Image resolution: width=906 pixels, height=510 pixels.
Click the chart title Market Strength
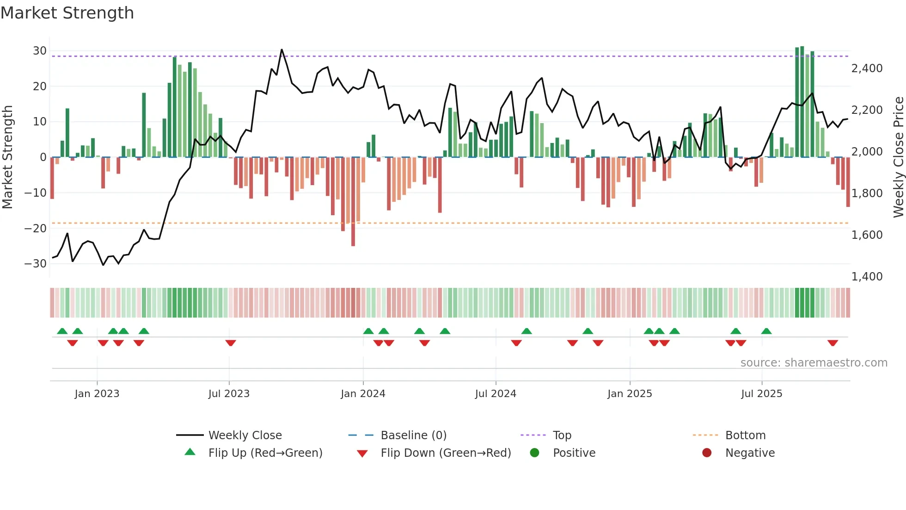pyautogui.click(x=67, y=13)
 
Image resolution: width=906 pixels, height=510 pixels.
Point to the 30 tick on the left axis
pyautogui.click(x=40, y=51)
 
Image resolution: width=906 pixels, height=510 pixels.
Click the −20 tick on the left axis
pyautogui.click(x=36, y=228)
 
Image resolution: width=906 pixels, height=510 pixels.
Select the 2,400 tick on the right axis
pyautogui.click(x=867, y=68)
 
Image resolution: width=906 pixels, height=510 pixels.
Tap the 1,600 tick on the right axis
pyautogui.click(x=867, y=235)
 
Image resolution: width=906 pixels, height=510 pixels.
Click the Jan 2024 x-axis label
pyautogui.click(x=363, y=394)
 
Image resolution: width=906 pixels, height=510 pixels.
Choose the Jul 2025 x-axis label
pyautogui.click(x=761, y=394)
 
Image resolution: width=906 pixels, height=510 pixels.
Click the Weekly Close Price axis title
pyautogui.click(x=898, y=157)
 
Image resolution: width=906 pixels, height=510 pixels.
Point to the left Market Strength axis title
pyautogui.click(x=7, y=157)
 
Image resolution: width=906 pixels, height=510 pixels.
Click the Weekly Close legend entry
pyautogui.click(x=245, y=435)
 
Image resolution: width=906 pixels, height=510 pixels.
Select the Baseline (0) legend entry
pyautogui.click(x=413, y=435)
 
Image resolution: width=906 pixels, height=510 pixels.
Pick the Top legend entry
pyautogui.click(x=562, y=435)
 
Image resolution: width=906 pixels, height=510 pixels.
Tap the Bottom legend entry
pyautogui.click(x=745, y=435)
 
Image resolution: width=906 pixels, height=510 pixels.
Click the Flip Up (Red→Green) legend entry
pyautogui.click(x=265, y=453)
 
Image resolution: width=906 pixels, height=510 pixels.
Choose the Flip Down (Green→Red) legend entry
pyautogui.click(x=446, y=453)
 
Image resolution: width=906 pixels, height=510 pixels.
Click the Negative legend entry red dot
pyautogui.click(x=707, y=453)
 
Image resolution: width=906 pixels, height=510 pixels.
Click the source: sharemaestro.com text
pyautogui.click(x=814, y=363)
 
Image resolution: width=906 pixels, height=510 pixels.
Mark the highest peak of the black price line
pyautogui.click(x=282, y=50)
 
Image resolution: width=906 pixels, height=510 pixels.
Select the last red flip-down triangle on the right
pyautogui.click(x=833, y=343)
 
